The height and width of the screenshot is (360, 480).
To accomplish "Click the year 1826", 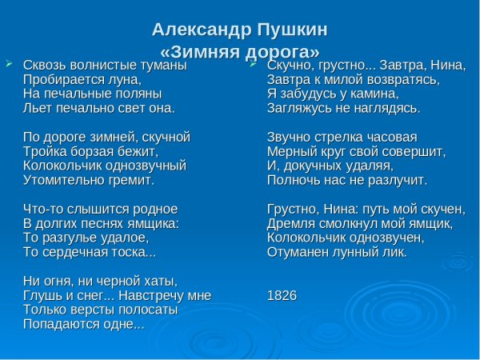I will (282, 296).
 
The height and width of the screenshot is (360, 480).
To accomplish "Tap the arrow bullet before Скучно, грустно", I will (253, 62).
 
